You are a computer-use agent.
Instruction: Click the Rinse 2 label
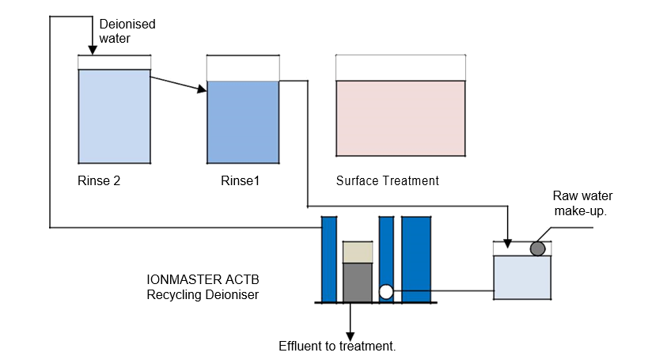click(x=99, y=180)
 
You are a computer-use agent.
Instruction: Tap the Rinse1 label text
click(x=240, y=180)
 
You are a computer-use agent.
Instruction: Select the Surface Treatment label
click(x=387, y=180)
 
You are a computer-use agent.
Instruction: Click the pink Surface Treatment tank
click(x=400, y=118)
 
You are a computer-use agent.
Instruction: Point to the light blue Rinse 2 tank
click(x=114, y=116)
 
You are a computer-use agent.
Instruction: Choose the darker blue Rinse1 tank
click(x=243, y=122)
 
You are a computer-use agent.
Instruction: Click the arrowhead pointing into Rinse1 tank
click(x=202, y=89)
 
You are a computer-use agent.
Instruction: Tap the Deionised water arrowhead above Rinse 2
click(x=93, y=50)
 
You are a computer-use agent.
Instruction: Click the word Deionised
click(x=127, y=24)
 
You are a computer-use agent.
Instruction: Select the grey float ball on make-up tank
click(x=538, y=248)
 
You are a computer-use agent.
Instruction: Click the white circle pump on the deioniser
click(x=386, y=292)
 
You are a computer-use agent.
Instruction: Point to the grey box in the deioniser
click(x=358, y=282)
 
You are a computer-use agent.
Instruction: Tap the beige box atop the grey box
click(x=358, y=252)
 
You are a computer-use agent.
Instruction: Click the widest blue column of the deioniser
click(x=416, y=260)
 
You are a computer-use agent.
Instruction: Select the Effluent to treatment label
click(x=337, y=346)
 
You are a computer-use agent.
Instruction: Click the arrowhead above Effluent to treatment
click(x=351, y=336)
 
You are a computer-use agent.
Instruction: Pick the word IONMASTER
click(x=184, y=280)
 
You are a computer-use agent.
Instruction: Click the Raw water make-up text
click(x=582, y=203)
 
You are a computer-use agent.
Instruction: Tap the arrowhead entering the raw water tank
click(x=507, y=244)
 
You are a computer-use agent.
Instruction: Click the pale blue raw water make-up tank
click(x=522, y=278)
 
